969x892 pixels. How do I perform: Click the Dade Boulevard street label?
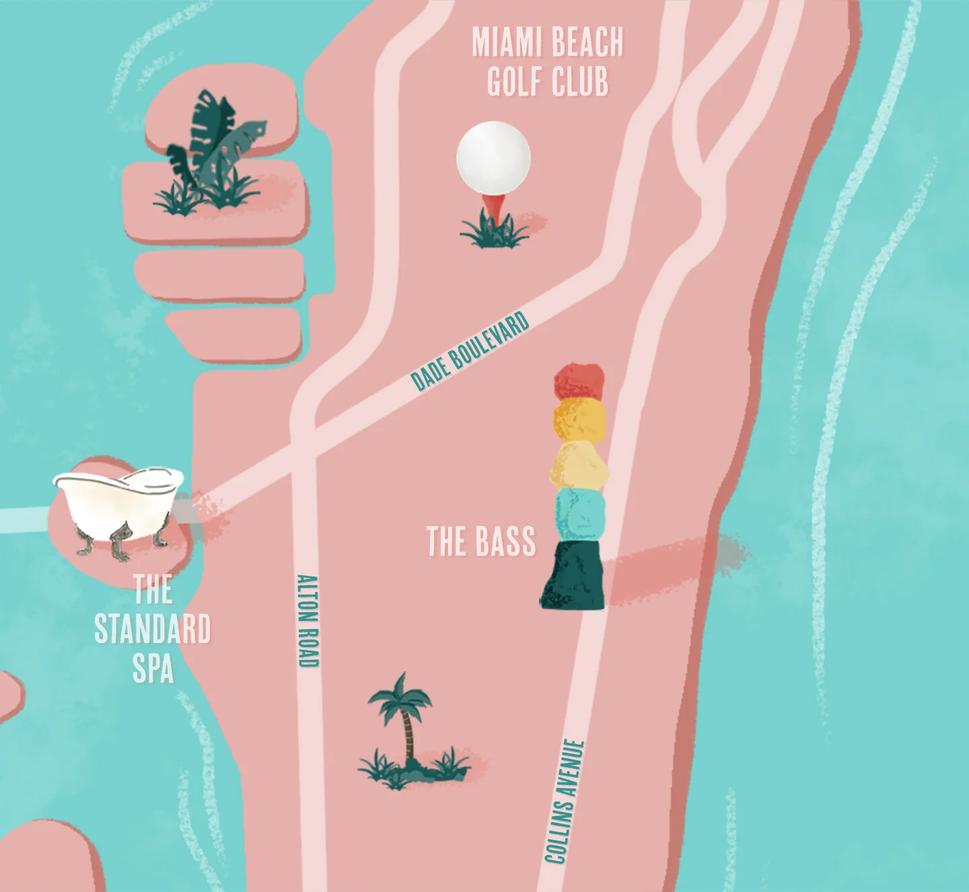[470, 351]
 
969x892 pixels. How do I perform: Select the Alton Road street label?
[308, 620]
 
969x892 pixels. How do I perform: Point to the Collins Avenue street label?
[564, 801]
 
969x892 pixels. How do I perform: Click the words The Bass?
[481, 542]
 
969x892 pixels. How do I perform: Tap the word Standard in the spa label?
[153, 630]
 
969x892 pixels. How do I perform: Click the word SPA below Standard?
[153, 669]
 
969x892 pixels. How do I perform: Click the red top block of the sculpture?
[579, 381]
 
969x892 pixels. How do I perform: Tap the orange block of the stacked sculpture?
[579, 419]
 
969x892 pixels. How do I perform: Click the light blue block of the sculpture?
[579, 513]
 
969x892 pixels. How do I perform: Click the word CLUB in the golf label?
[579, 82]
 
